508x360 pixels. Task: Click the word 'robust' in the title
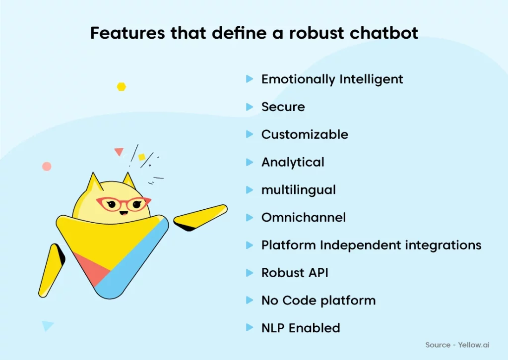[x=316, y=33]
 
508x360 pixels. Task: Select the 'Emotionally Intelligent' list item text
[x=332, y=79]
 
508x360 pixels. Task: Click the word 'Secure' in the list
[x=283, y=107]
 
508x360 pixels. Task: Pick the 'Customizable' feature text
[x=305, y=134]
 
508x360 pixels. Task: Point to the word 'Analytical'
[x=293, y=162]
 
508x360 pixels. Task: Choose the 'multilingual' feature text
[x=299, y=190]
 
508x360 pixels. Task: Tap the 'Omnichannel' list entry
[x=304, y=218]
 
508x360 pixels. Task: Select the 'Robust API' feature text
[x=295, y=273]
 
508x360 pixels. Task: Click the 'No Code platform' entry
[x=318, y=301]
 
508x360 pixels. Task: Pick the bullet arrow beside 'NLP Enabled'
[x=250, y=328]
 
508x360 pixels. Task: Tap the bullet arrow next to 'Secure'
[x=250, y=107]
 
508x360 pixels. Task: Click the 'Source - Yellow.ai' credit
[x=457, y=345]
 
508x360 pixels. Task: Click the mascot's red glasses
[x=124, y=204]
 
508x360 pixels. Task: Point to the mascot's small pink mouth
[x=124, y=213]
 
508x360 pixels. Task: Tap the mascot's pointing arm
[x=200, y=217]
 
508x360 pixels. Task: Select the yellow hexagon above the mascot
[x=122, y=87]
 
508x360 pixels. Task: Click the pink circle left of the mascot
[x=47, y=167]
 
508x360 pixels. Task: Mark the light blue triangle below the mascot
[x=47, y=325]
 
